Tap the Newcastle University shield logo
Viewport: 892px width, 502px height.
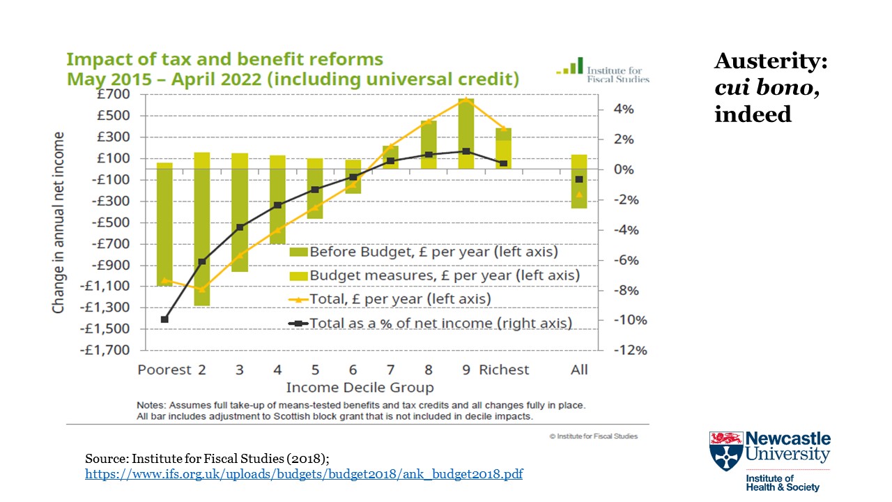click(x=725, y=450)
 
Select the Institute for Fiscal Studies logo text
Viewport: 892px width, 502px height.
click(x=617, y=75)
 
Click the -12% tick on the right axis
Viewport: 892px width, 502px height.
click(x=630, y=350)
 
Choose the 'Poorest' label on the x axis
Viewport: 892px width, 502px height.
click(x=164, y=370)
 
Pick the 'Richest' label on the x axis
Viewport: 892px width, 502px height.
click(x=504, y=370)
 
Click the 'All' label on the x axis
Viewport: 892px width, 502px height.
click(x=579, y=370)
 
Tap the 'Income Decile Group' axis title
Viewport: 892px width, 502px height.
click(x=360, y=388)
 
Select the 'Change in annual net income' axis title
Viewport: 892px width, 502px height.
click(x=59, y=222)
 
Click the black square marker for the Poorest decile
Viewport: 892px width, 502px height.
click(x=164, y=319)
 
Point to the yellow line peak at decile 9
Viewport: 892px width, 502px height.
click(x=466, y=100)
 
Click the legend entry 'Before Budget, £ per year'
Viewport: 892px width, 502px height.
click(x=433, y=252)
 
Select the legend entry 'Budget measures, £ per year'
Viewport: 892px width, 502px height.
click(x=444, y=275)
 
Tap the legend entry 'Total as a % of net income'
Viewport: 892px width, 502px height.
click(x=440, y=324)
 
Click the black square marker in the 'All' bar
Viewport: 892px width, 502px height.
click(x=579, y=179)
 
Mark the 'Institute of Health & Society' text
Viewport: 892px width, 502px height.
click(x=783, y=483)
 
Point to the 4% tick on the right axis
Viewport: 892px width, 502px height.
click(x=623, y=109)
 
